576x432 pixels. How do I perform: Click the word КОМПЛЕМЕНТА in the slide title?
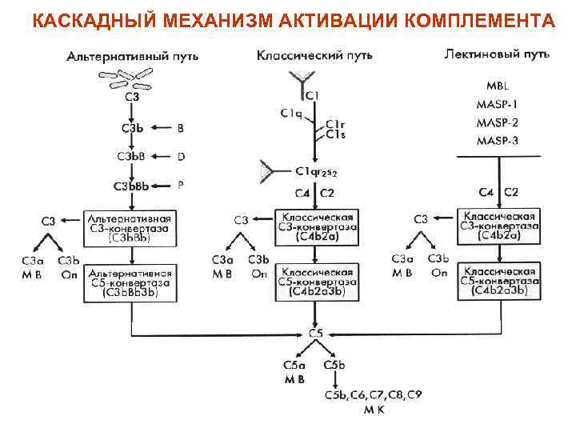(480, 19)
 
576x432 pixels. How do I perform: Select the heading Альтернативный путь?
(133, 58)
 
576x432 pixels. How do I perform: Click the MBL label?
(497, 86)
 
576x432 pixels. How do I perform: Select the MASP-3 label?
(497, 141)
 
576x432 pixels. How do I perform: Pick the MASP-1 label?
(497, 104)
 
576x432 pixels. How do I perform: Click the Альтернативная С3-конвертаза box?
(129, 227)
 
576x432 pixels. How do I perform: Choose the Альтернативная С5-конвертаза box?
(129, 282)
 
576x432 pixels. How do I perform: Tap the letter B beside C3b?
(180, 127)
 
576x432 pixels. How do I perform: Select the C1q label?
(291, 114)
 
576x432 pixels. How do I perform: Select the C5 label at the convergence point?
(316, 333)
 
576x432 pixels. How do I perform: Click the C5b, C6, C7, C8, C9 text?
(373, 395)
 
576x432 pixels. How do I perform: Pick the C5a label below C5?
(293, 365)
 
